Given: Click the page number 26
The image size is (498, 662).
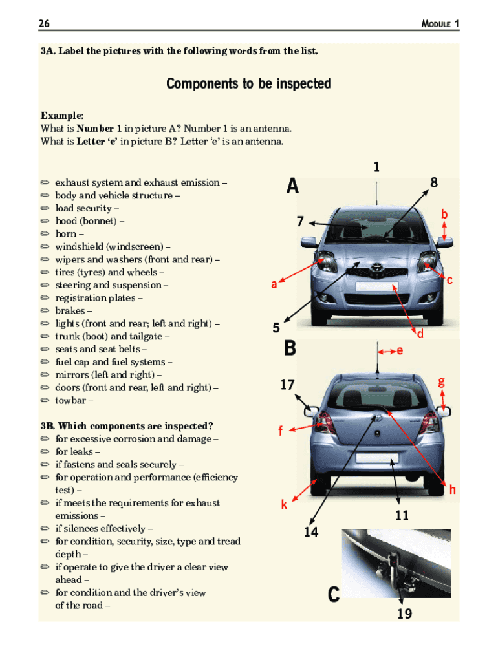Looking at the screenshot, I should coord(45,24).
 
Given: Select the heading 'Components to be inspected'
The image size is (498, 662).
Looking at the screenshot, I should coord(248,84).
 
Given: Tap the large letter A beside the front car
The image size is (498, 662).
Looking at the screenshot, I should coord(292,187).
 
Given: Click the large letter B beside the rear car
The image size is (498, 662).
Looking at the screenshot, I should coord(290,349).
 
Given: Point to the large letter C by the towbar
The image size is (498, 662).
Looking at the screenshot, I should coord(333,594).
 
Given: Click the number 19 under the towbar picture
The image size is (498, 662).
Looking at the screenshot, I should coord(404,614).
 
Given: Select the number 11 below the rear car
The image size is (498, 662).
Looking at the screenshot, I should coord(402,516).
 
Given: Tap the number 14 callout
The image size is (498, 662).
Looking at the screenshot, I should coord(311,532).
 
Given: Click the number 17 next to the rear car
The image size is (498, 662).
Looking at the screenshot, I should coord(288,385).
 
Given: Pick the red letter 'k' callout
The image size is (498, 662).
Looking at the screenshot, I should coord(284,505).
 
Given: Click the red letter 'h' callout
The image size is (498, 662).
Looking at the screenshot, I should coord(453,490).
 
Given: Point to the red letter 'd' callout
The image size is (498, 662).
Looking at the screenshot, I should coord(420,334).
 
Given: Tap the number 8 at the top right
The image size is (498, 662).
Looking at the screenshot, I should coord(434,183).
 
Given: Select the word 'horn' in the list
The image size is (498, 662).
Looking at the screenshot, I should coord(65,234).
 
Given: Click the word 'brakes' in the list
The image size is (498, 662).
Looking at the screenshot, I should coord(70,311).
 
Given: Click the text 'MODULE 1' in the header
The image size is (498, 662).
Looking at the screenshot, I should coord(440,24).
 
